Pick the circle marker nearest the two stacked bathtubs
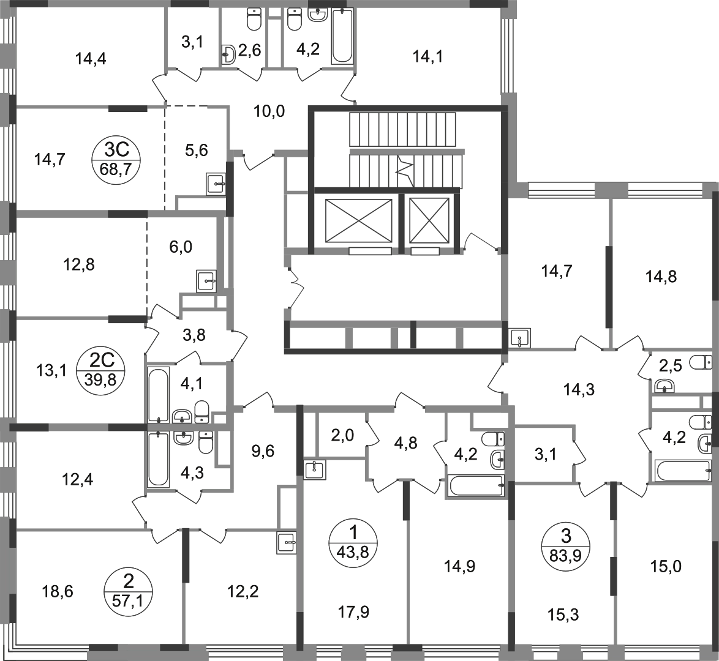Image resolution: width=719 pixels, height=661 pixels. click(x=100, y=370)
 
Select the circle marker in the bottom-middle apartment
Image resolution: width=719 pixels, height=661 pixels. click(x=354, y=542)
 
